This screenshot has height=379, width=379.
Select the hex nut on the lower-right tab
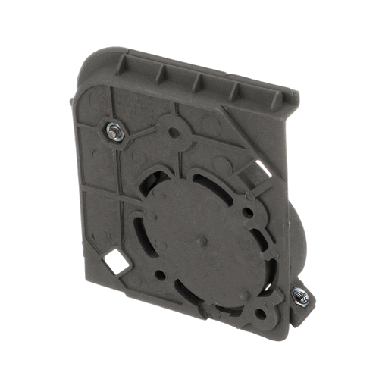pos(300,296)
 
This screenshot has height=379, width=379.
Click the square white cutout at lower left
pos(117,263)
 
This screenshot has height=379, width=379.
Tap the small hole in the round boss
pos(174,133)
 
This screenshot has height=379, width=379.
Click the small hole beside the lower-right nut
pos(262,312)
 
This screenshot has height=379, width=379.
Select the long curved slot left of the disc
pos(141,227)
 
